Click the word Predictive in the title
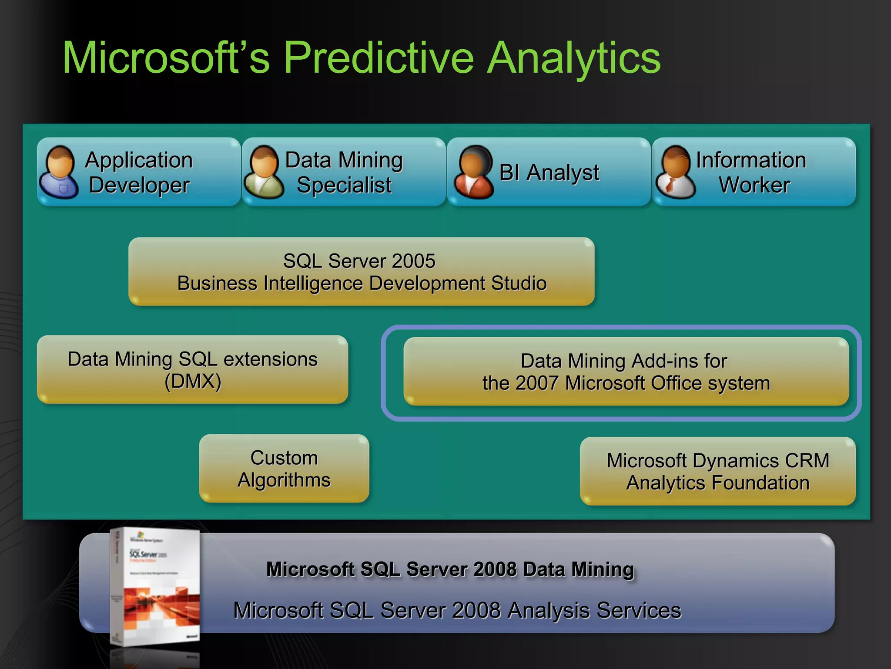tap(379, 58)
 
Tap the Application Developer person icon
tap(59, 172)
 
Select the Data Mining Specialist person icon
tap(264, 172)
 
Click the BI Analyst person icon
tap(473, 172)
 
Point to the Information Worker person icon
tap(676, 172)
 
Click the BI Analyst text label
tap(549, 172)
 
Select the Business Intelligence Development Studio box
tap(361, 272)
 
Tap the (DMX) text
tap(193, 382)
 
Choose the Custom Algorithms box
tap(284, 469)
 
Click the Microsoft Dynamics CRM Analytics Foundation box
tap(718, 472)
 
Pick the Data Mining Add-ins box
tap(626, 372)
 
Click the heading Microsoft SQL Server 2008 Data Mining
tap(450, 569)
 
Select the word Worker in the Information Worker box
tap(754, 185)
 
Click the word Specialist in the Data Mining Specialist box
tap(344, 185)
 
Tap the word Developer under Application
tap(139, 185)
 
